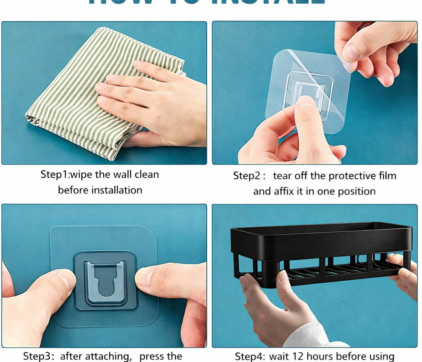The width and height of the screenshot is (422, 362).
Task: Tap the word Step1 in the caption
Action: [55, 174]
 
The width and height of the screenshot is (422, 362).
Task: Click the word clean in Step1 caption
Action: [147, 174]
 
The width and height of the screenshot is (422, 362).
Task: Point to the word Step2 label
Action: [247, 176]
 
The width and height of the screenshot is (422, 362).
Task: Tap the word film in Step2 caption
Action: [388, 176]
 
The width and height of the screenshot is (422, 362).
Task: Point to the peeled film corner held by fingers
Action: [347, 65]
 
